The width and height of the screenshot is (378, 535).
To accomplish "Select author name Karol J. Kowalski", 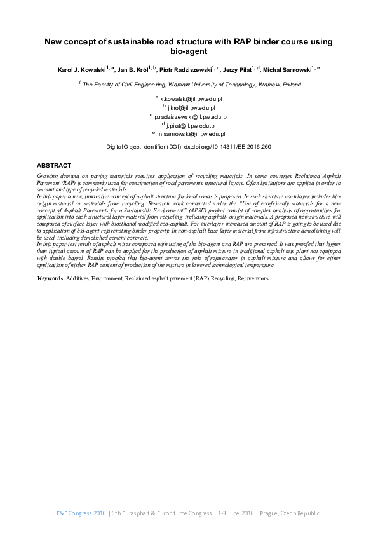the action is (x=80, y=69).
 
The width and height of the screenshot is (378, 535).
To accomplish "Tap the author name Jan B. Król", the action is (x=134, y=69).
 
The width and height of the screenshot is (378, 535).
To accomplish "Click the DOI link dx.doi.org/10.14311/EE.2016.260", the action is (x=227, y=147).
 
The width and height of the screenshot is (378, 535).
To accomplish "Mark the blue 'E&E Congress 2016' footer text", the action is (x=81, y=513).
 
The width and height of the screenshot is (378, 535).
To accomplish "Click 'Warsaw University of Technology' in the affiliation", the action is (x=205, y=84).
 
